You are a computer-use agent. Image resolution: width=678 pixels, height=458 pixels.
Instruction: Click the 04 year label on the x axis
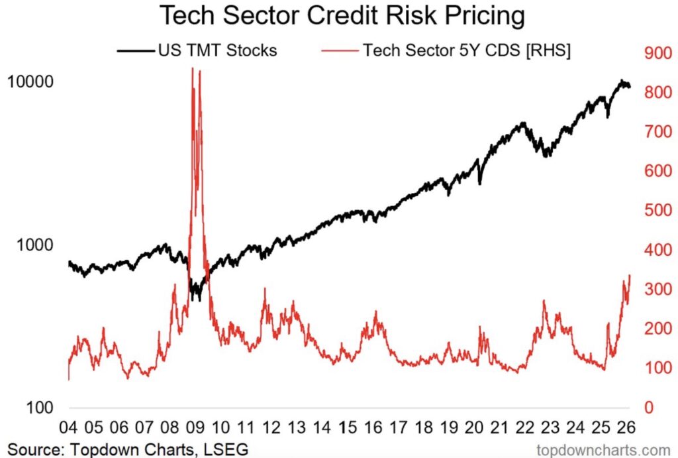tap(69, 426)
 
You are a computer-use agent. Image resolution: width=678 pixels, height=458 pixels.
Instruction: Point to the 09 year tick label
tap(196, 426)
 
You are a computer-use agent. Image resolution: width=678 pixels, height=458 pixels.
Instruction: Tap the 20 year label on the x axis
tap(475, 426)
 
